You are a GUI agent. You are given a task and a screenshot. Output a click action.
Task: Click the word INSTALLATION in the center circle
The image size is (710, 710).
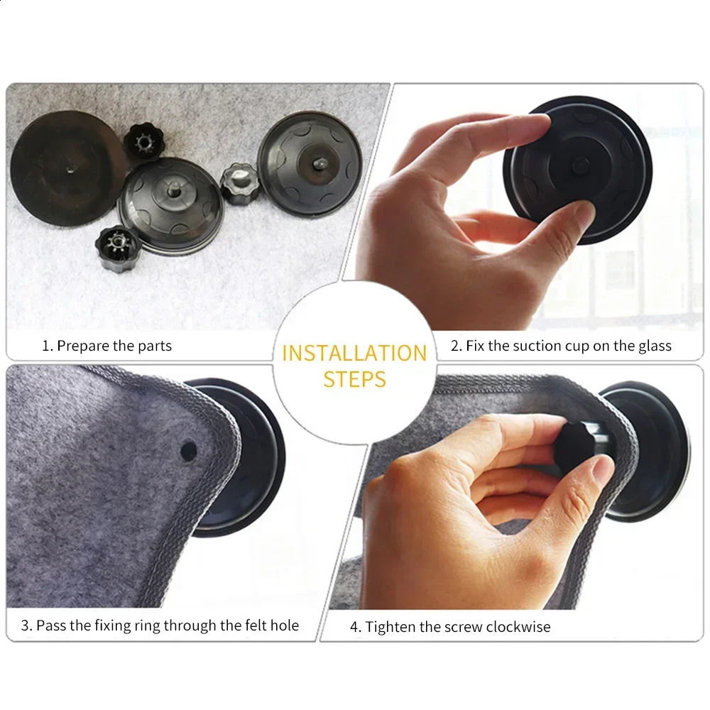tap(354, 353)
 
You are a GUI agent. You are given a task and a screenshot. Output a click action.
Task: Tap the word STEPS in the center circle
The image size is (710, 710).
tap(354, 378)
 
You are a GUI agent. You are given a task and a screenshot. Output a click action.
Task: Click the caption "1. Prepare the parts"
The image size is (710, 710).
tap(106, 346)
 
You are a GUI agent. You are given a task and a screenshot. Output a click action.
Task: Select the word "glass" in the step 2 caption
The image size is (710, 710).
tap(653, 346)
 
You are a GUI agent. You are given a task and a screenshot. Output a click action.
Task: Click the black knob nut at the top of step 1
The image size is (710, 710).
tap(142, 141)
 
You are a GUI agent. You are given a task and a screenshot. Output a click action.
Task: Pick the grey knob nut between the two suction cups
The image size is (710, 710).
tap(239, 182)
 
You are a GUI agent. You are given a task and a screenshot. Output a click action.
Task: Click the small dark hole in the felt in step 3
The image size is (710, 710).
tap(188, 449)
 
